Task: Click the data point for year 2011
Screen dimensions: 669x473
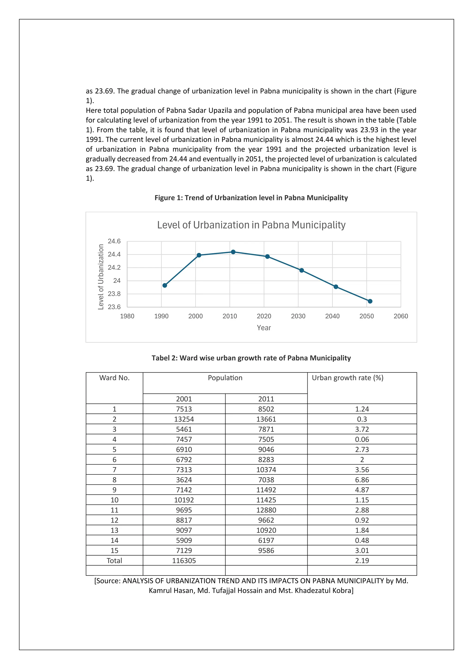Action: point(233,252)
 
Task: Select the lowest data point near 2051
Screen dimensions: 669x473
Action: point(370,301)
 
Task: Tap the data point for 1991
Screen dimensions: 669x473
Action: point(165,285)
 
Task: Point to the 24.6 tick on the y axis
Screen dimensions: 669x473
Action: point(114,241)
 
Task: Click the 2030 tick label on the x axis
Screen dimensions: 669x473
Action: point(298,316)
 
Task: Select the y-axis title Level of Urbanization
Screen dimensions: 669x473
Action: point(101,277)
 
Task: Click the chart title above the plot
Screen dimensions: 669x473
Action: point(251,225)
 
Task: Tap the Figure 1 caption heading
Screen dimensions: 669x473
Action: point(251,198)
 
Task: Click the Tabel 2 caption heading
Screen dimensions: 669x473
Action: point(251,358)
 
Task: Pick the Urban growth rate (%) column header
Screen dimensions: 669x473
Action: point(347,378)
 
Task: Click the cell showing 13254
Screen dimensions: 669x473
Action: point(184,419)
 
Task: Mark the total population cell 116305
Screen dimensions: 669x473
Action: point(184,561)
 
